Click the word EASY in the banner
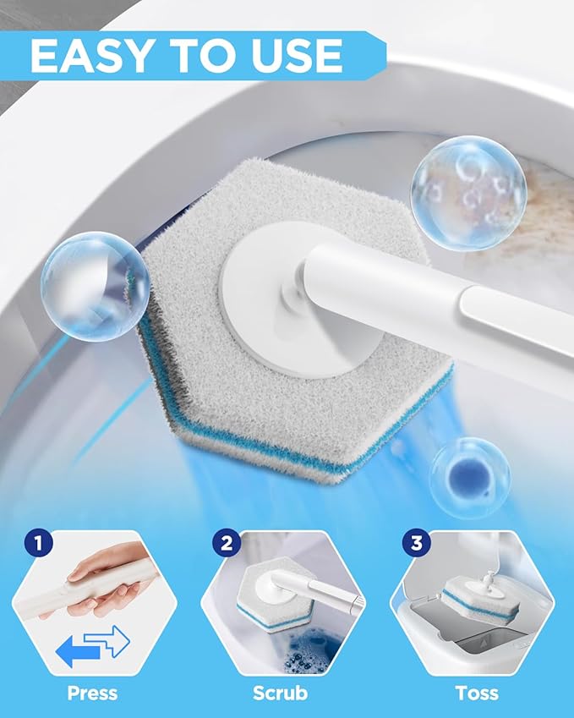[90, 56]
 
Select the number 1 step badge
[38, 544]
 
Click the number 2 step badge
[227, 543]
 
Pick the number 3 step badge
[416, 543]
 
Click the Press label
[92, 693]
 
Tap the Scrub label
[280, 693]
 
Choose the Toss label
[477, 693]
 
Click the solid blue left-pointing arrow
[77, 650]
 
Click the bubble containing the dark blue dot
[470, 478]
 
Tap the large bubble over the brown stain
[468, 193]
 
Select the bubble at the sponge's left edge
[96, 286]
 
